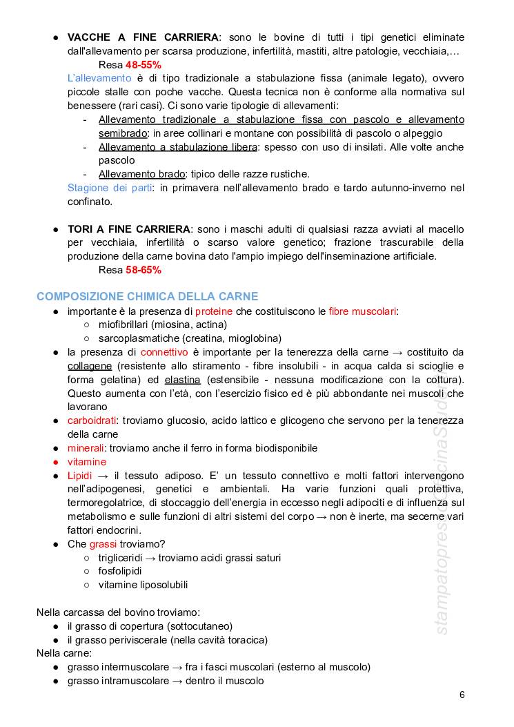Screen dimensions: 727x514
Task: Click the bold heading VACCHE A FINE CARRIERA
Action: coord(142,37)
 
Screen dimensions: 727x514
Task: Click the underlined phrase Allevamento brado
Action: coord(141,174)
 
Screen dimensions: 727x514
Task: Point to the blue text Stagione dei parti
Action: coord(110,188)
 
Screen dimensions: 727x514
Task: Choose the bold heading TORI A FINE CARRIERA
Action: coord(129,229)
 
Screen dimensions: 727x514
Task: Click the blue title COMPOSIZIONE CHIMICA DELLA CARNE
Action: coord(147,296)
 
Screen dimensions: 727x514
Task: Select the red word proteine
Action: coord(217,311)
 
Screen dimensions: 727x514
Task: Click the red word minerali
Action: coord(86,448)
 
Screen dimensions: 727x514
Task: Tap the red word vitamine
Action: coord(87,462)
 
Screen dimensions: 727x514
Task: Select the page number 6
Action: coord(462,695)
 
